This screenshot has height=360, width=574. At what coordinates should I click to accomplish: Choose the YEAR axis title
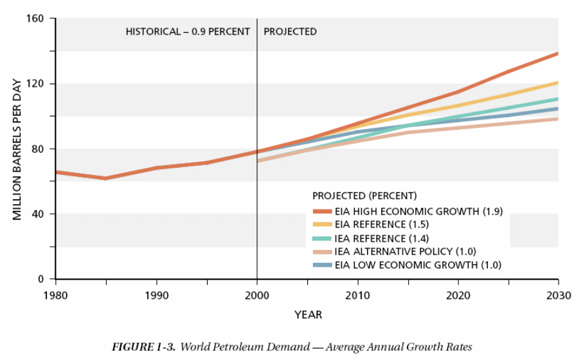[308, 315]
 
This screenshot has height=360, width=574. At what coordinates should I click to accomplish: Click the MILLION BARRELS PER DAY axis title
[17, 149]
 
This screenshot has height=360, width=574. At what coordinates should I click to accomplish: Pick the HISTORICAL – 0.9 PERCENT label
[188, 32]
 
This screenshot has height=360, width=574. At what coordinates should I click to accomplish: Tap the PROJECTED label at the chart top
[290, 32]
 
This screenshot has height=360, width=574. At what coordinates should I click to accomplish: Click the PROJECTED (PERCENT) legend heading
[364, 195]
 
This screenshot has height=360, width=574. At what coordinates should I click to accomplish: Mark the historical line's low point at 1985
[105, 178]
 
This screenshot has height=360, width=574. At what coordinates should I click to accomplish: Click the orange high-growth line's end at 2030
[557, 53]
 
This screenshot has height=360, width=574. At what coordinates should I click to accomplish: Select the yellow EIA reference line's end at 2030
[557, 82]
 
